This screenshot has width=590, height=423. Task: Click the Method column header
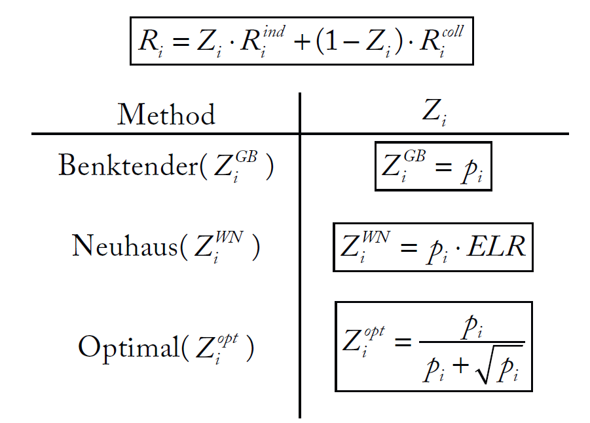166,115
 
